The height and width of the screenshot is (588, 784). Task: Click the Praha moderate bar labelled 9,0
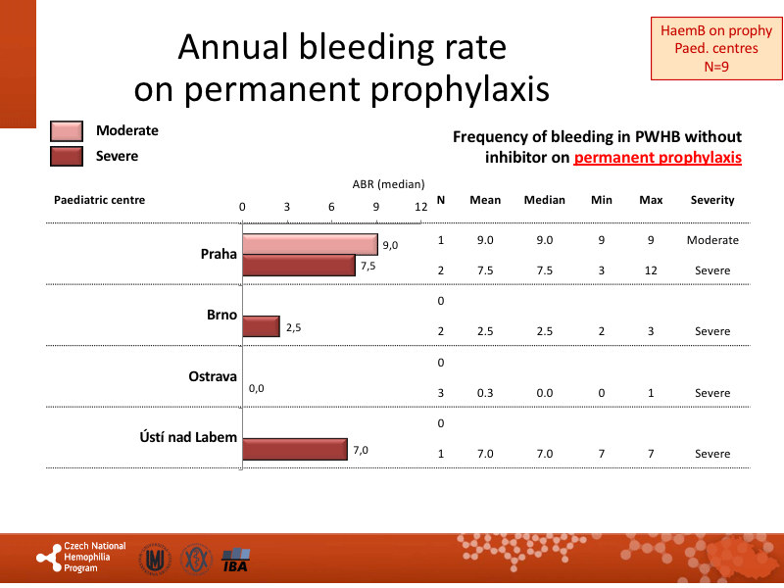(310, 244)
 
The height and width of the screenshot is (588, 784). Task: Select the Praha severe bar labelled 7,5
(298, 266)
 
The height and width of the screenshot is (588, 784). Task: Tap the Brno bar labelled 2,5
(261, 326)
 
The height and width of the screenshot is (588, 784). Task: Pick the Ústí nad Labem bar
(294, 449)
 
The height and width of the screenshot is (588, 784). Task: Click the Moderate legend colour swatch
(67, 131)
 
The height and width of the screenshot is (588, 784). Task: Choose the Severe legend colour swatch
(67, 156)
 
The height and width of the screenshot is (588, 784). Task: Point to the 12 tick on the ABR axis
(420, 207)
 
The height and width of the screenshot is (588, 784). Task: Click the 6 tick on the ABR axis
(331, 207)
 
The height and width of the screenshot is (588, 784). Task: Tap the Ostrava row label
(213, 376)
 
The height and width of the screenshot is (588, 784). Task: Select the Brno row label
(220, 316)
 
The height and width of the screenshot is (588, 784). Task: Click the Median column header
(544, 200)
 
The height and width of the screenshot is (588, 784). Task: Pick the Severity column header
(712, 200)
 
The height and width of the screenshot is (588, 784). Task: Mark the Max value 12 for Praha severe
(651, 270)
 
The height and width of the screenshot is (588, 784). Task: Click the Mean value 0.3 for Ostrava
(485, 393)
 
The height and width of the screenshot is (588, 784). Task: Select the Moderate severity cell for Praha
(712, 240)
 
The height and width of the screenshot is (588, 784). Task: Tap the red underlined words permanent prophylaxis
(658, 157)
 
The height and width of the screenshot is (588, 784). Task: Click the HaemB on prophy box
(715, 49)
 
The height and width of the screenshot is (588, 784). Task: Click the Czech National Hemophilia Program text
(94, 557)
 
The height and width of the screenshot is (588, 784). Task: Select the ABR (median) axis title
(388, 183)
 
